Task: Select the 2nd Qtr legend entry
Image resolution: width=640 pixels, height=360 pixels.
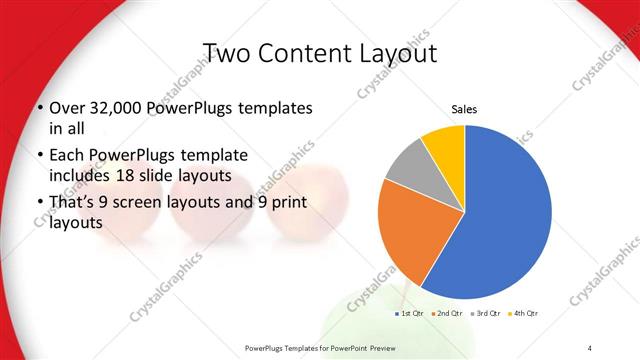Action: click(x=449, y=314)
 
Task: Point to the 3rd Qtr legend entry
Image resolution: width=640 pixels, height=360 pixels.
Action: click(x=488, y=314)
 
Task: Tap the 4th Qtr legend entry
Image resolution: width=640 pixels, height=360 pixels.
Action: click(x=526, y=314)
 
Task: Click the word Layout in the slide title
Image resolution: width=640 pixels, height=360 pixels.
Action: click(x=391, y=52)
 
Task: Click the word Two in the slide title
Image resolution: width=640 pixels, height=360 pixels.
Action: click(x=227, y=52)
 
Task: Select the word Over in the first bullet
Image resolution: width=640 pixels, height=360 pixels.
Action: click(x=66, y=108)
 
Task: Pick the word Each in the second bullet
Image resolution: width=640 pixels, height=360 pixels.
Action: click(x=66, y=156)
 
